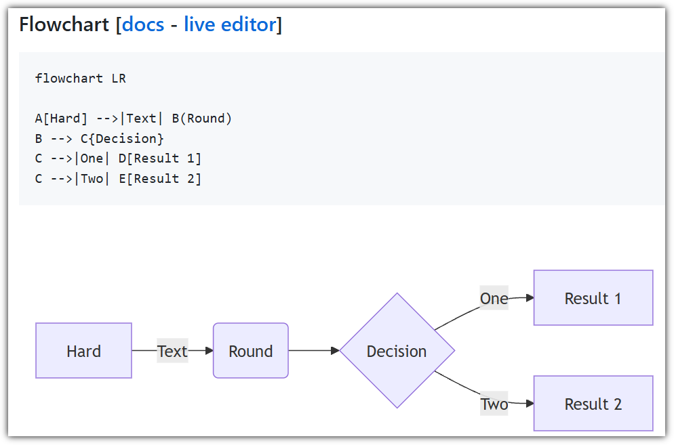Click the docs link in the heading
coord(142,24)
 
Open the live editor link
coord(230,24)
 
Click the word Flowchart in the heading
coord(64,24)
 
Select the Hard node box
coord(84,350)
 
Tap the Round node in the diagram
coord(251,350)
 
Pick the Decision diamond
coord(397,350)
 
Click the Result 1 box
coord(593,297)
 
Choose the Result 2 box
coord(593,403)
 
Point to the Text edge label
coord(172,351)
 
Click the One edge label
coord(494,297)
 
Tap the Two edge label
coord(494,403)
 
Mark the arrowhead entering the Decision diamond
coord(335,350)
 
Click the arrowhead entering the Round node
coord(210,350)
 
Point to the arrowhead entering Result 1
coord(530,297)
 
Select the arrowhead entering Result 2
coord(530,403)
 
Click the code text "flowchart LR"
coord(81,79)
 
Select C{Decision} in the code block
coord(122,139)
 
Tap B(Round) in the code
coord(201,119)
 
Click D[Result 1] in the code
coord(160,158)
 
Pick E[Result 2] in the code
coord(160,179)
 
